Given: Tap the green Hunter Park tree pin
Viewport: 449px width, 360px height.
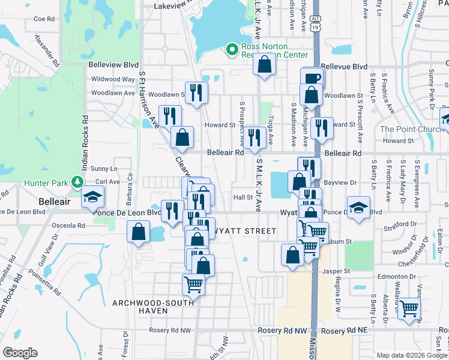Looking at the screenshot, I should [76, 181].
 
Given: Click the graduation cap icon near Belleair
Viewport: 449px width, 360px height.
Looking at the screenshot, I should [92, 198].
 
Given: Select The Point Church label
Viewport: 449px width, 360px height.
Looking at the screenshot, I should [411, 129].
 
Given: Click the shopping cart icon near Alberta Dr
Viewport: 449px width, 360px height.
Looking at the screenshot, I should [409, 308].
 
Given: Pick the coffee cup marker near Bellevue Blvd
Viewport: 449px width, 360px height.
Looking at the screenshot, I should [312, 78].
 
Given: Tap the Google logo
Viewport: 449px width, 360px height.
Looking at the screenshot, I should [20, 353].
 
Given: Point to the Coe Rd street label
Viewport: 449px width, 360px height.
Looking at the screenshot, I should [44, 19].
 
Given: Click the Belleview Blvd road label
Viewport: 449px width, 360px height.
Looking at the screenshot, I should [113, 64].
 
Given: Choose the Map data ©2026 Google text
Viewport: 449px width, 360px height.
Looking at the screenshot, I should [411, 355].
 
